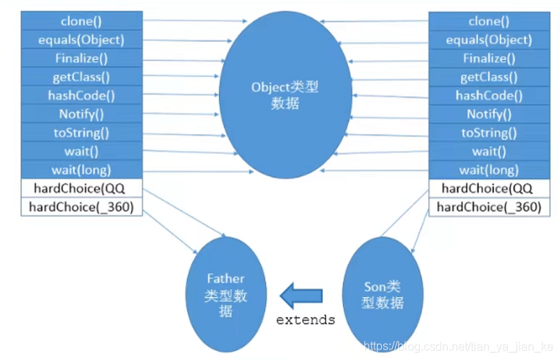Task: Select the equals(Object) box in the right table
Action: [489, 40]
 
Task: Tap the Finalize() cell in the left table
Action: [81, 59]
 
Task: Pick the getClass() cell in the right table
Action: [489, 77]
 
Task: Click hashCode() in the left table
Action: [81, 96]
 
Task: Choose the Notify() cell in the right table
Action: [489, 114]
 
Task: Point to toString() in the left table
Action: [81, 133]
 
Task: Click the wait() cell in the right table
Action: [489, 152]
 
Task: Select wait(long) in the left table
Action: [81, 170]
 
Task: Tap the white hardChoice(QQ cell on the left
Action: [81, 188]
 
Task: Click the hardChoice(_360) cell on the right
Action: [489, 207]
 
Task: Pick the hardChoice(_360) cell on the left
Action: [81, 207]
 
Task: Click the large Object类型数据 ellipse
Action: [285, 96]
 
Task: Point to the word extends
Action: [306, 320]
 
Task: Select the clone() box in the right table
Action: [489, 22]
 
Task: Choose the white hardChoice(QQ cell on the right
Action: [489, 188]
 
